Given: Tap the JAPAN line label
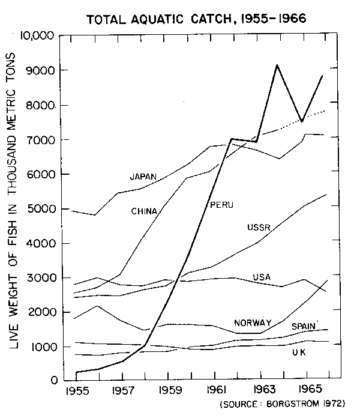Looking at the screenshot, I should coord(143,177).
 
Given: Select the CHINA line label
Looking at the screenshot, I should coord(144,211).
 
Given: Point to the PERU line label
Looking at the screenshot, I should coord(221,205).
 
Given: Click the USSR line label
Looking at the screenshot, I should coord(259,227).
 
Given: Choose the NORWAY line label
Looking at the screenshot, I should coord(253,323).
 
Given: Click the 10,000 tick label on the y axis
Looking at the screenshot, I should coord(38,36).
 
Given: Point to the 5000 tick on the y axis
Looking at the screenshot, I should coord(42,208).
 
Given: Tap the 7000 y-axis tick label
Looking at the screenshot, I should coord(42,139).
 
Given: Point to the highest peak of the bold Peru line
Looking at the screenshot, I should coord(277,65).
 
